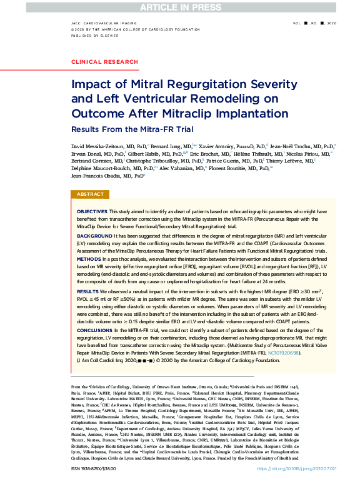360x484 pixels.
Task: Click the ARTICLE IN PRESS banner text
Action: (179, 7)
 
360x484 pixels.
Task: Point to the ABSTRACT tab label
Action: (90, 194)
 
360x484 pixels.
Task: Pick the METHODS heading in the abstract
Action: (89, 258)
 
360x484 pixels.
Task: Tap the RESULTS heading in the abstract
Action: (87, 291)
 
